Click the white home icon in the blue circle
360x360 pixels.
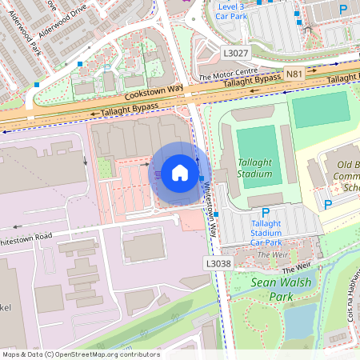[x=180, y=171]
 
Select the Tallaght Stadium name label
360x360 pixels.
[x=255, y=168]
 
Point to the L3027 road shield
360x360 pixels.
[x=236, y=52]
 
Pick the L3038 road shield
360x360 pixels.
[x=218, y=262]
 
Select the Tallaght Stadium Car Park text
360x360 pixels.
[x=266, y=232]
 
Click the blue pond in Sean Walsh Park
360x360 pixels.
[x=299, y=321]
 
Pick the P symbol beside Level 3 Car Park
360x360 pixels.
[x=342, y=10]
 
